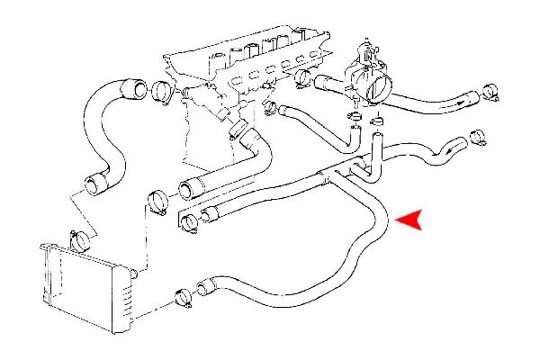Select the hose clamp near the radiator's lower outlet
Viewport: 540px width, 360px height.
point(184,295)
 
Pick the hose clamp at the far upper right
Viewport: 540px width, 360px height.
point(490,91)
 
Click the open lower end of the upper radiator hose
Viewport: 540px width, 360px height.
point(95,186)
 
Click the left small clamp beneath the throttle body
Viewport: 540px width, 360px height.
point(354,118)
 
